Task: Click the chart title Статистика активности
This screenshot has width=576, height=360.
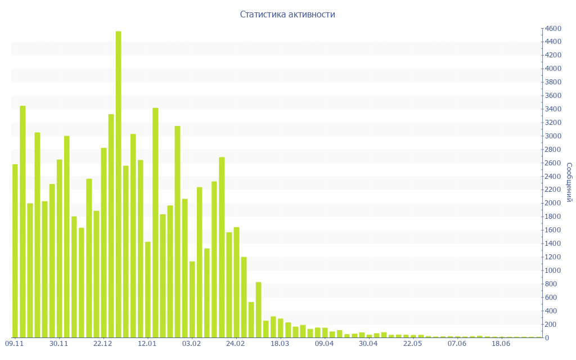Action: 287,15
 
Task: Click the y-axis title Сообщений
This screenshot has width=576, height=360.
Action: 569,182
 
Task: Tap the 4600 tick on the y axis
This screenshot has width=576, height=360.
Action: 553,28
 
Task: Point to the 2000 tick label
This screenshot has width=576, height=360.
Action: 553,203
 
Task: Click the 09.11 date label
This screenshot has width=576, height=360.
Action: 14,343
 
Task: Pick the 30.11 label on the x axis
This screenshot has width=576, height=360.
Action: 58,343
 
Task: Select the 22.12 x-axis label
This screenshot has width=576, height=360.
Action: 103,343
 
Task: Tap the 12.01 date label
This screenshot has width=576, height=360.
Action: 147,343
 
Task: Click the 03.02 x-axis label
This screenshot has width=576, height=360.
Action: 191,343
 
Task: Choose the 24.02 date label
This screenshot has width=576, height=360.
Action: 235,343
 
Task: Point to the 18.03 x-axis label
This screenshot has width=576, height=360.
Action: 280,343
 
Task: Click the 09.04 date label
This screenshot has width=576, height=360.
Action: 324,343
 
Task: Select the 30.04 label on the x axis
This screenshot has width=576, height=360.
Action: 368,343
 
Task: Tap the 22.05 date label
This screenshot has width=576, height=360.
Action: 412,343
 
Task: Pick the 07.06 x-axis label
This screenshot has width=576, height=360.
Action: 457,343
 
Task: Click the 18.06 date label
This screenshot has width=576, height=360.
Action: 501,343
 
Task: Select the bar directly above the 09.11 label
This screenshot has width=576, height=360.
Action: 15,251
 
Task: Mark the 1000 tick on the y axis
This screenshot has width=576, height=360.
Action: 553,271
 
